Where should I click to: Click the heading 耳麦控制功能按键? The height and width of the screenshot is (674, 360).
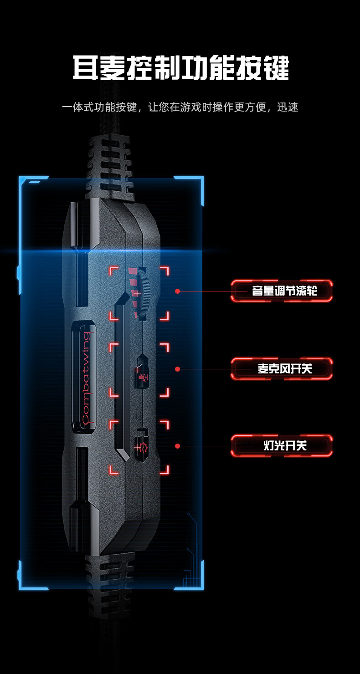point(180,69)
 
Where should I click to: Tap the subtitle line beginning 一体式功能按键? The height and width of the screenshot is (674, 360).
point(180,107)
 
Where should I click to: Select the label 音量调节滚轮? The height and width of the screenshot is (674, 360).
point(284,291)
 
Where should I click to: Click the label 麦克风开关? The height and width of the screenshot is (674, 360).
point(284,368)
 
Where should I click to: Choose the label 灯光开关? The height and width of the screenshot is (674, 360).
point(284,446)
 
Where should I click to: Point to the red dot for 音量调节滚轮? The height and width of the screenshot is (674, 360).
point(178,291)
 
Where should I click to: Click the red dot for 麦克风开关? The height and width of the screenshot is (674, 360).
point(178,369)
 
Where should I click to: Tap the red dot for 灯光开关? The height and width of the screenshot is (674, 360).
point(178,446)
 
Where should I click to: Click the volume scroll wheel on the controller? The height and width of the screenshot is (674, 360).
point(146,292)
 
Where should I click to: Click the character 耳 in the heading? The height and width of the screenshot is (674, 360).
point(85,69)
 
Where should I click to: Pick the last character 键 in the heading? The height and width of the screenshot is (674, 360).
point(276,69)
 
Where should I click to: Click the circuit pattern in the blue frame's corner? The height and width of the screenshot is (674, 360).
point(191,560)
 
